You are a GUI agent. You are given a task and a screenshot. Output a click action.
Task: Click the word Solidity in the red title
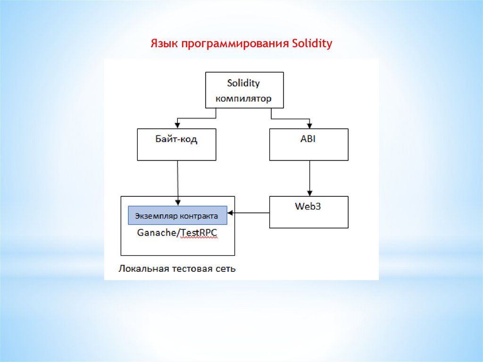[x=312, y=43]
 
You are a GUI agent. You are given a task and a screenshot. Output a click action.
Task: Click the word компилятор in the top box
[x=243, y=99]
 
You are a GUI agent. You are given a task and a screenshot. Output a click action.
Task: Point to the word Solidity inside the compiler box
[x=243, y=83]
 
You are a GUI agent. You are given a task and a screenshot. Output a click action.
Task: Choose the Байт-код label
[x=176, y=139]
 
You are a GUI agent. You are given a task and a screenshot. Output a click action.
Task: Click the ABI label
[x=308, y=139]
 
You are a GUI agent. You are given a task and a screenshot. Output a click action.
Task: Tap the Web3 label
[x=308, y=206]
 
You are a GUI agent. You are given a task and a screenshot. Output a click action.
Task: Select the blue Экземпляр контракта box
[x=177, y=215]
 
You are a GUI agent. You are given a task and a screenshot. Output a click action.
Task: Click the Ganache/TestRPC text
[x=177, y=233]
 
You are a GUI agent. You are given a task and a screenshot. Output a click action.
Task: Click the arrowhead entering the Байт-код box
[x=177, y=126]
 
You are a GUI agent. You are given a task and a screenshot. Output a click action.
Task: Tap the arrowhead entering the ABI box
[x=309, y=126]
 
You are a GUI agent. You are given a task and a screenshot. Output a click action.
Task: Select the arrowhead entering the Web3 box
[x=309, y=193]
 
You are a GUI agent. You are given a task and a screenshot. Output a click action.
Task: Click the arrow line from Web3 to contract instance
[x=248, y=213]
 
